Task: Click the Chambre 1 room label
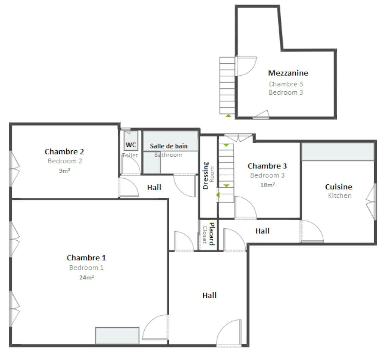pos(86,258)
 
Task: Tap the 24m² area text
pos(86,277)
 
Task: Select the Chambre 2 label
pos(64,152)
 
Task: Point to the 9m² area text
pos(64,171)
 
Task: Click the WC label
pos(131,145)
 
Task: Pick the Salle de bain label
pos(169,146)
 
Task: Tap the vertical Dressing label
pos(206,175)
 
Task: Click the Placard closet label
pos(211,234)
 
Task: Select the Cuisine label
pos(338,187)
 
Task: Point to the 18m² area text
pos(267,185)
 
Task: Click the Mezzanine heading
pos(288,73)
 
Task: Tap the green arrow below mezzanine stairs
pos(228,115)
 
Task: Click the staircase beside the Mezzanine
pos(227,85)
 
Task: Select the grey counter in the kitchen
pos(337,152)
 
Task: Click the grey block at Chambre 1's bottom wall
pos(117,336)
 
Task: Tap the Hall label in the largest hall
pos(209,295)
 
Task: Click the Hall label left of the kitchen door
pos(262,231)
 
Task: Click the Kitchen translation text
pos(339,196)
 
